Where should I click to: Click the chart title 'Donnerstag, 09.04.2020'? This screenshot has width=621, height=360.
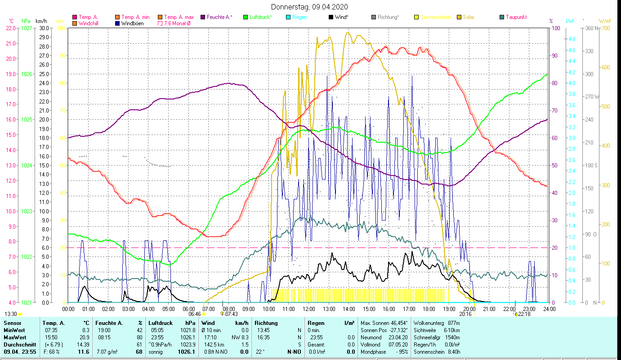(309, 7)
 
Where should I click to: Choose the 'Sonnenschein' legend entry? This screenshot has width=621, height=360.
(435, 17)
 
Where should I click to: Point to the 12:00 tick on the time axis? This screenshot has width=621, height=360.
(308, 309)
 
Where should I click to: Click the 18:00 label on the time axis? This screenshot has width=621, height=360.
(429, 309)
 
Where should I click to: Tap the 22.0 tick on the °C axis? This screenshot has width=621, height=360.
(11, 28)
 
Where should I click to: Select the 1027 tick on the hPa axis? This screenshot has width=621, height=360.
(27, 28)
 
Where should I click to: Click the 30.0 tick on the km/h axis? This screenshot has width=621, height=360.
(44, 28)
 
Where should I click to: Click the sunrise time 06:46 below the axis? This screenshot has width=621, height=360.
(194, 314)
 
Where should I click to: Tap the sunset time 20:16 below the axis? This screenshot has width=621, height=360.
(465, 314)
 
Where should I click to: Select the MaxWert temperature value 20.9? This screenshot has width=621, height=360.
(84, 337)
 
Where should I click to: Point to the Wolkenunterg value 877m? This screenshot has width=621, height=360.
(454, 323)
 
